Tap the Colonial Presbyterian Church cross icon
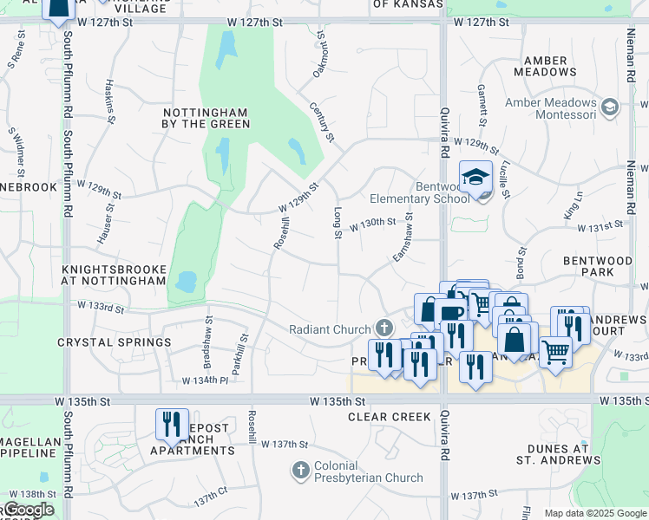(x=300, y=471)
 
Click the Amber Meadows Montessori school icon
(x=610, y=107)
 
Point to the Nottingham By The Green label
(x=206, y=119)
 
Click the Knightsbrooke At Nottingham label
(x=114, y=276)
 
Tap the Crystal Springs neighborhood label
(x=115, y=342)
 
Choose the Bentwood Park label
(x=598, y=266)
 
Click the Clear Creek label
(x=390, y=417)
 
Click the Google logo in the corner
(x=28, y=510)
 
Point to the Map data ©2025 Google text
(x=595, y=513)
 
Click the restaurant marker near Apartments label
(x=171, y=424)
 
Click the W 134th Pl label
(x=205, y=380)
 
